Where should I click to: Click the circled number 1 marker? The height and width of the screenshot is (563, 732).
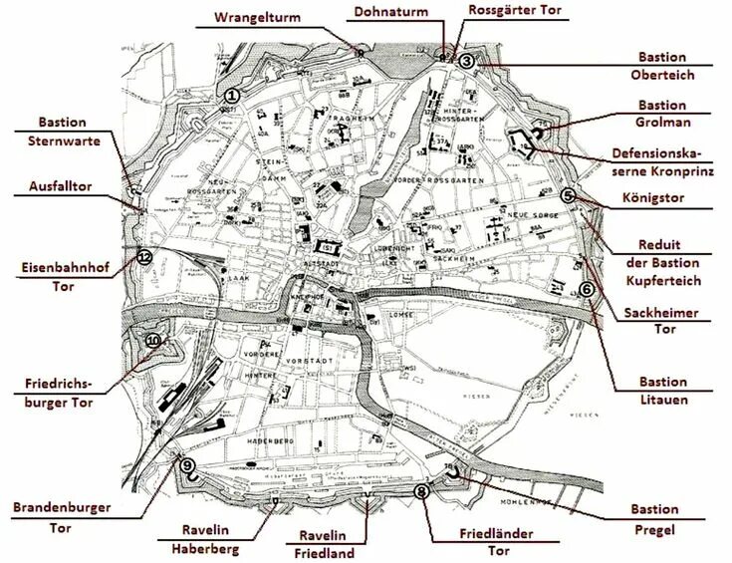pyautogui.click(x=231, y=95)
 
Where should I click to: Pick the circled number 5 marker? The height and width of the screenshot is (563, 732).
pyautogui.click(x=568, y=196)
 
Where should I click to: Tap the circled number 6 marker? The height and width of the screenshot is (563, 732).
pyautogui.click(x=586, y=289)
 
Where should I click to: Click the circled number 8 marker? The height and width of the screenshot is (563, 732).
pyautogui.click(x=422, y=491)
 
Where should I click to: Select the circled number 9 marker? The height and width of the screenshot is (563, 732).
pyautogui.click(x=188, y=464)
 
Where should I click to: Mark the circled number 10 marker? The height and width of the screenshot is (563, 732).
pyautogui.click(x=152, y=341)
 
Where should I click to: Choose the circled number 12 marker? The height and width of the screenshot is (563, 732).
pyautogui.click(x=144, y=256)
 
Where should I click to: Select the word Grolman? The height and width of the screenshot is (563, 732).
pyautogui.click(x=662, y=123)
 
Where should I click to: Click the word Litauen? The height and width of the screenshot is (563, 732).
pyautogui.click(x=663, y=400)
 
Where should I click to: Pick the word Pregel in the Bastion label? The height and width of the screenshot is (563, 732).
pyautogui.click(x=654, y=528)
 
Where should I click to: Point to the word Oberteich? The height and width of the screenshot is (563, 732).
pyautogui.click(x=662, y=76)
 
